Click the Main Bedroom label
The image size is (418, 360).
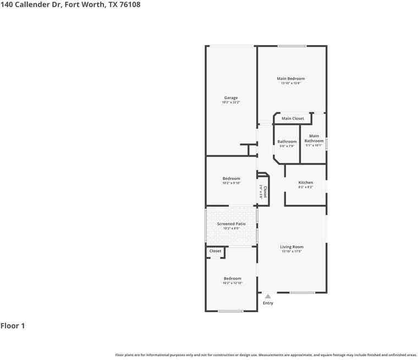tap(290, 79)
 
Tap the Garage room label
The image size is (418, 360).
tap(231, 98)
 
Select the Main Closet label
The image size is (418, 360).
tap(293, 118)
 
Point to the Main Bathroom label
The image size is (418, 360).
tap(314, 138)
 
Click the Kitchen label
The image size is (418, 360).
tap(306, 183)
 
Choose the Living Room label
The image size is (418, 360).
tap(291, 247)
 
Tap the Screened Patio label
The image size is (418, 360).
tap(231, 224)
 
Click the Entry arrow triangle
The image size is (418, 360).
tap(268, 296)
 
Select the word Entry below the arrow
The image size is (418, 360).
tap(268, 303)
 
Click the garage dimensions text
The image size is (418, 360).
tap(231, 102)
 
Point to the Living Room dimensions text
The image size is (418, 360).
tap(291, 252)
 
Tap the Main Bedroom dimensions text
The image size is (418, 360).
tap(290, 83)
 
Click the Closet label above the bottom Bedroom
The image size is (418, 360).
tap(215, 251)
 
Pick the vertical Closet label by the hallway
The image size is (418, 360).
tap(265, 192)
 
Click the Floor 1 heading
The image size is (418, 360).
tap(13, 326)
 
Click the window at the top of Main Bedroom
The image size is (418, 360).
tap(291, 46)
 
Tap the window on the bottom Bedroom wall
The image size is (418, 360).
tap(230, 312)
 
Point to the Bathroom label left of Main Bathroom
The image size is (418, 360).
tap(287, 141)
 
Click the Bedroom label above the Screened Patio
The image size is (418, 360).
tap(231, 178)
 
